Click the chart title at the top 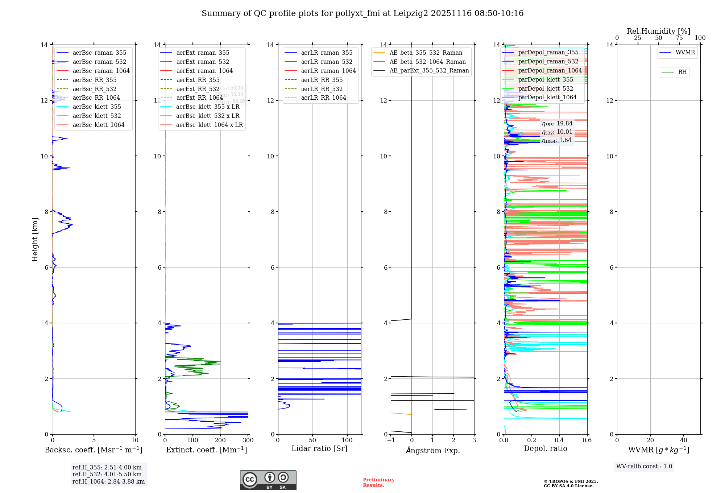[362, 13]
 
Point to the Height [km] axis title [35, 239]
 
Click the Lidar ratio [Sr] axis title [319, 448]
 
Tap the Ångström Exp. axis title [432, 450]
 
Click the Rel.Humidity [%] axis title [658, 31]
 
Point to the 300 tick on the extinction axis [248, 440]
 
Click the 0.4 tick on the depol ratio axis [559, 440]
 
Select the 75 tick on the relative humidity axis [679, 38]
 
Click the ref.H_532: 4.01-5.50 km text [107, 474]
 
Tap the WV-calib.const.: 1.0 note [644, 467]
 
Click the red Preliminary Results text [378, 482]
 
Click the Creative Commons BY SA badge [268, 480]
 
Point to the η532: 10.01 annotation [557, 132]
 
